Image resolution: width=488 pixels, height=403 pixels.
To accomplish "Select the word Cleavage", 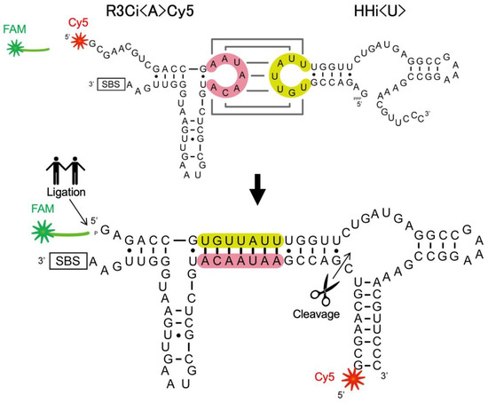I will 319,312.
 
